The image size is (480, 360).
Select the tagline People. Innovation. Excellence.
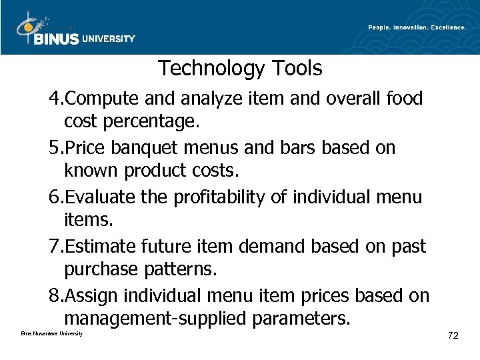click(417, 27)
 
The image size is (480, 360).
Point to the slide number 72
click(453, 335)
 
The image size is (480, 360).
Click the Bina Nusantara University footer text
click(47, 333)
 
